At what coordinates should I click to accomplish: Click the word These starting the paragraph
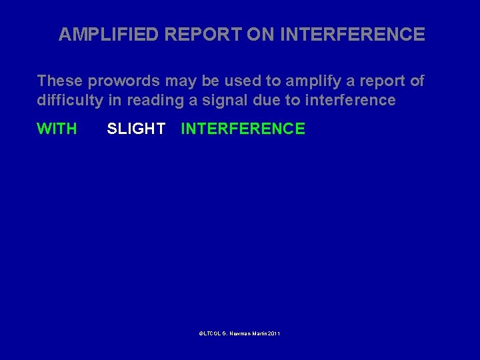59,81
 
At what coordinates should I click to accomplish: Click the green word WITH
57,129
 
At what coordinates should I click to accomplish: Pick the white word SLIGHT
136,129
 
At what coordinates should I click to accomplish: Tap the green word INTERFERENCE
243,129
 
